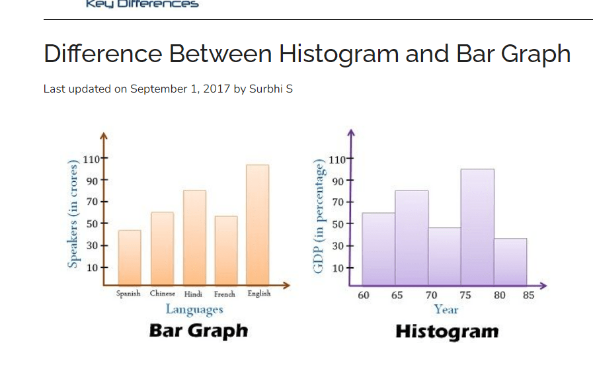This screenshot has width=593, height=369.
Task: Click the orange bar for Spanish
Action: pyautogui.click(x=130, y=258)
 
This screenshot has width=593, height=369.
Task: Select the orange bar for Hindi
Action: pyautogui.click(x=194, y=238)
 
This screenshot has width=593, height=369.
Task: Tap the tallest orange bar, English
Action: pyautogui.click(x=258, y=225)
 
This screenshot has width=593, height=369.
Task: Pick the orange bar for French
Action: pyautogui.click(x=226, y=251)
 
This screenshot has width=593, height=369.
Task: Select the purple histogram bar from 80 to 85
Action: pyautogui.click(x=510, y=261)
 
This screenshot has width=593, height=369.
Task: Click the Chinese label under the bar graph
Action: pyautogui.click(x=163, y=294)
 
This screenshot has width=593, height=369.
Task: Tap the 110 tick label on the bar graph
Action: pyautogui.click(x=91, y=159)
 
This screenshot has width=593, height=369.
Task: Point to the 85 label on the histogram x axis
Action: pyautogui.click(x=528, y=296)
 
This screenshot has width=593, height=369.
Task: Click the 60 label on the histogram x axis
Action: pyautogui.click(x=364, y=296)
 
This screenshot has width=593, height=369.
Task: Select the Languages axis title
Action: pyautogui.click(x=194, y=309)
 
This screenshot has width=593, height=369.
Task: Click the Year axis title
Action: pyautogui.click(x=446, y=309)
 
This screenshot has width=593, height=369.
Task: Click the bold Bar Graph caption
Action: pyautogui.click(x=198, y=331)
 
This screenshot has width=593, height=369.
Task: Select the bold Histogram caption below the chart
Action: pyautogui.click(x=447, y=331)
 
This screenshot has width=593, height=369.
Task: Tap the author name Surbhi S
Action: pyautogui.click(x=270, y=89)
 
